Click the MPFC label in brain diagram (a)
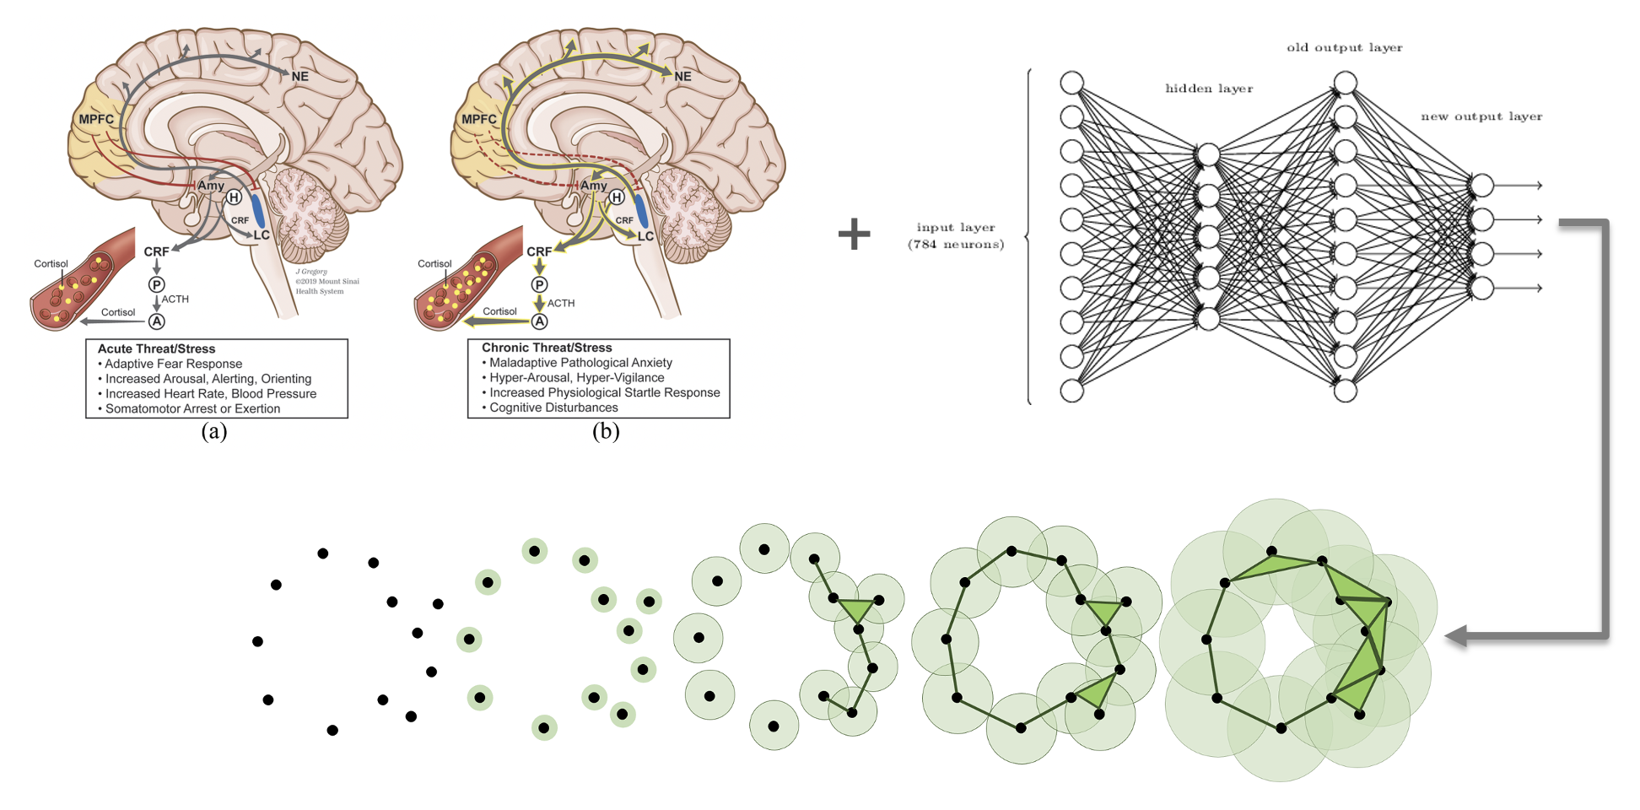pos(96,119)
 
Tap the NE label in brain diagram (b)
pos(682,77)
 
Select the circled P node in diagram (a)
pos(157,285)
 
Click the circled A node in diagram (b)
pos(540,321)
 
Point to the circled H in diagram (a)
pos(234,197)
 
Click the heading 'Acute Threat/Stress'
pos(156,348)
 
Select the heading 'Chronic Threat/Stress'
pos(547,348)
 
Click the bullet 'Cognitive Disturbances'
pos(553,408)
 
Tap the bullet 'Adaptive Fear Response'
pos(173,364)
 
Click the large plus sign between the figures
pos(854,234)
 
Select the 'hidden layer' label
pos(1208,89)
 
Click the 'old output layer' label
pos(1344,48)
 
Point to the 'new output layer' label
pos(1481,116)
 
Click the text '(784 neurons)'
pos(956,245)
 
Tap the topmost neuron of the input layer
pos(1071,83)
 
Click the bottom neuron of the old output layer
pos(1346,391)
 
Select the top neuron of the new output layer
pos(1482,185)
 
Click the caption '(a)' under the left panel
pos(214,431)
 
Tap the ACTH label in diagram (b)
pos(561,303)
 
